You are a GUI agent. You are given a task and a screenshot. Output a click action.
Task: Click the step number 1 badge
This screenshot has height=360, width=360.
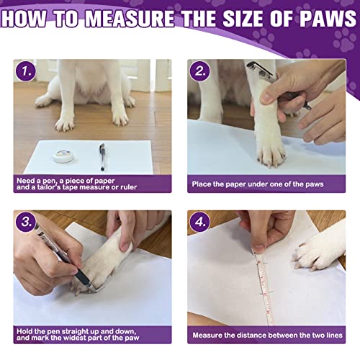26,71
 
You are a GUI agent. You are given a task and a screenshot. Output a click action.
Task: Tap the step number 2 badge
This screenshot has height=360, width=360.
199,71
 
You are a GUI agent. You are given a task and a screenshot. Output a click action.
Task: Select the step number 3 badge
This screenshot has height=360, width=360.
26,222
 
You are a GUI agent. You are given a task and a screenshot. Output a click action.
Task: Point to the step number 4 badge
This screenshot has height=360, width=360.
199,222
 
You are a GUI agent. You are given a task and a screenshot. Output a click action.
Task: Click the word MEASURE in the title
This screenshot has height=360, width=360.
130,18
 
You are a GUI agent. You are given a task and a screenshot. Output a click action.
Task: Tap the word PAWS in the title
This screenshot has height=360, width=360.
328,18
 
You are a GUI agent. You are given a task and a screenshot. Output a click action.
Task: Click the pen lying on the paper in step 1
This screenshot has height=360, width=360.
102,157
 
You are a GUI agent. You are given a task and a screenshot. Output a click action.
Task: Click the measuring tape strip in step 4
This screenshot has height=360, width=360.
264,288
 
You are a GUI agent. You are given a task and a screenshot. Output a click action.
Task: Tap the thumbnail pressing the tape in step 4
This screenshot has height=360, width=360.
258,248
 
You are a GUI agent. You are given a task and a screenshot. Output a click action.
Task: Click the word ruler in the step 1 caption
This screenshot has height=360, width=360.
129,187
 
